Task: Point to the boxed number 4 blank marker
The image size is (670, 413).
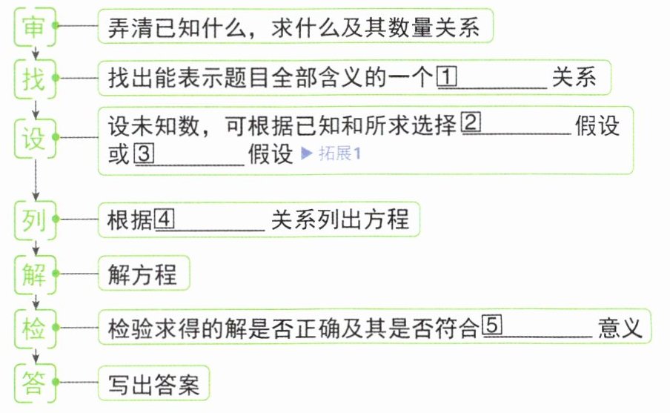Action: [x=165, y=219]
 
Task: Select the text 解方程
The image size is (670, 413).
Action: [x=143, y=274]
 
